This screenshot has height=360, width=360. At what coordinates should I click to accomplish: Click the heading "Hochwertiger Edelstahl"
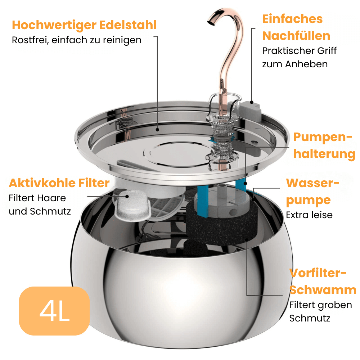(x=84, y=25)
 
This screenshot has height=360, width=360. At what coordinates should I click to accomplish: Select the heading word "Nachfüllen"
(x=296, y=36)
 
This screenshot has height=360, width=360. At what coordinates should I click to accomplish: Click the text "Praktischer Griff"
(x=299, y=51)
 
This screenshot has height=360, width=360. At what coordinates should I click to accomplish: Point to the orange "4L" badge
(x=54, y=311)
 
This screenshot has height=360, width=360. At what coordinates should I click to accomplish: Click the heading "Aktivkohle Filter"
(x=59, y=183)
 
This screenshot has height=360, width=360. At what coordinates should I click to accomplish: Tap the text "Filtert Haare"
(x=37, y=198)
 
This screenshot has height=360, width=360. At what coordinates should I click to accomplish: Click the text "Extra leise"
(x=309, y=215)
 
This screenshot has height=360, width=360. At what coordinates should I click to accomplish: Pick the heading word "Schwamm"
(x=323, y=290)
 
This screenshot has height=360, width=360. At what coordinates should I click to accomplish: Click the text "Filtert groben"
(x=320, y=305)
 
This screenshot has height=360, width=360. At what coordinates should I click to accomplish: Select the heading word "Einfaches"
(x=292, y=19)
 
